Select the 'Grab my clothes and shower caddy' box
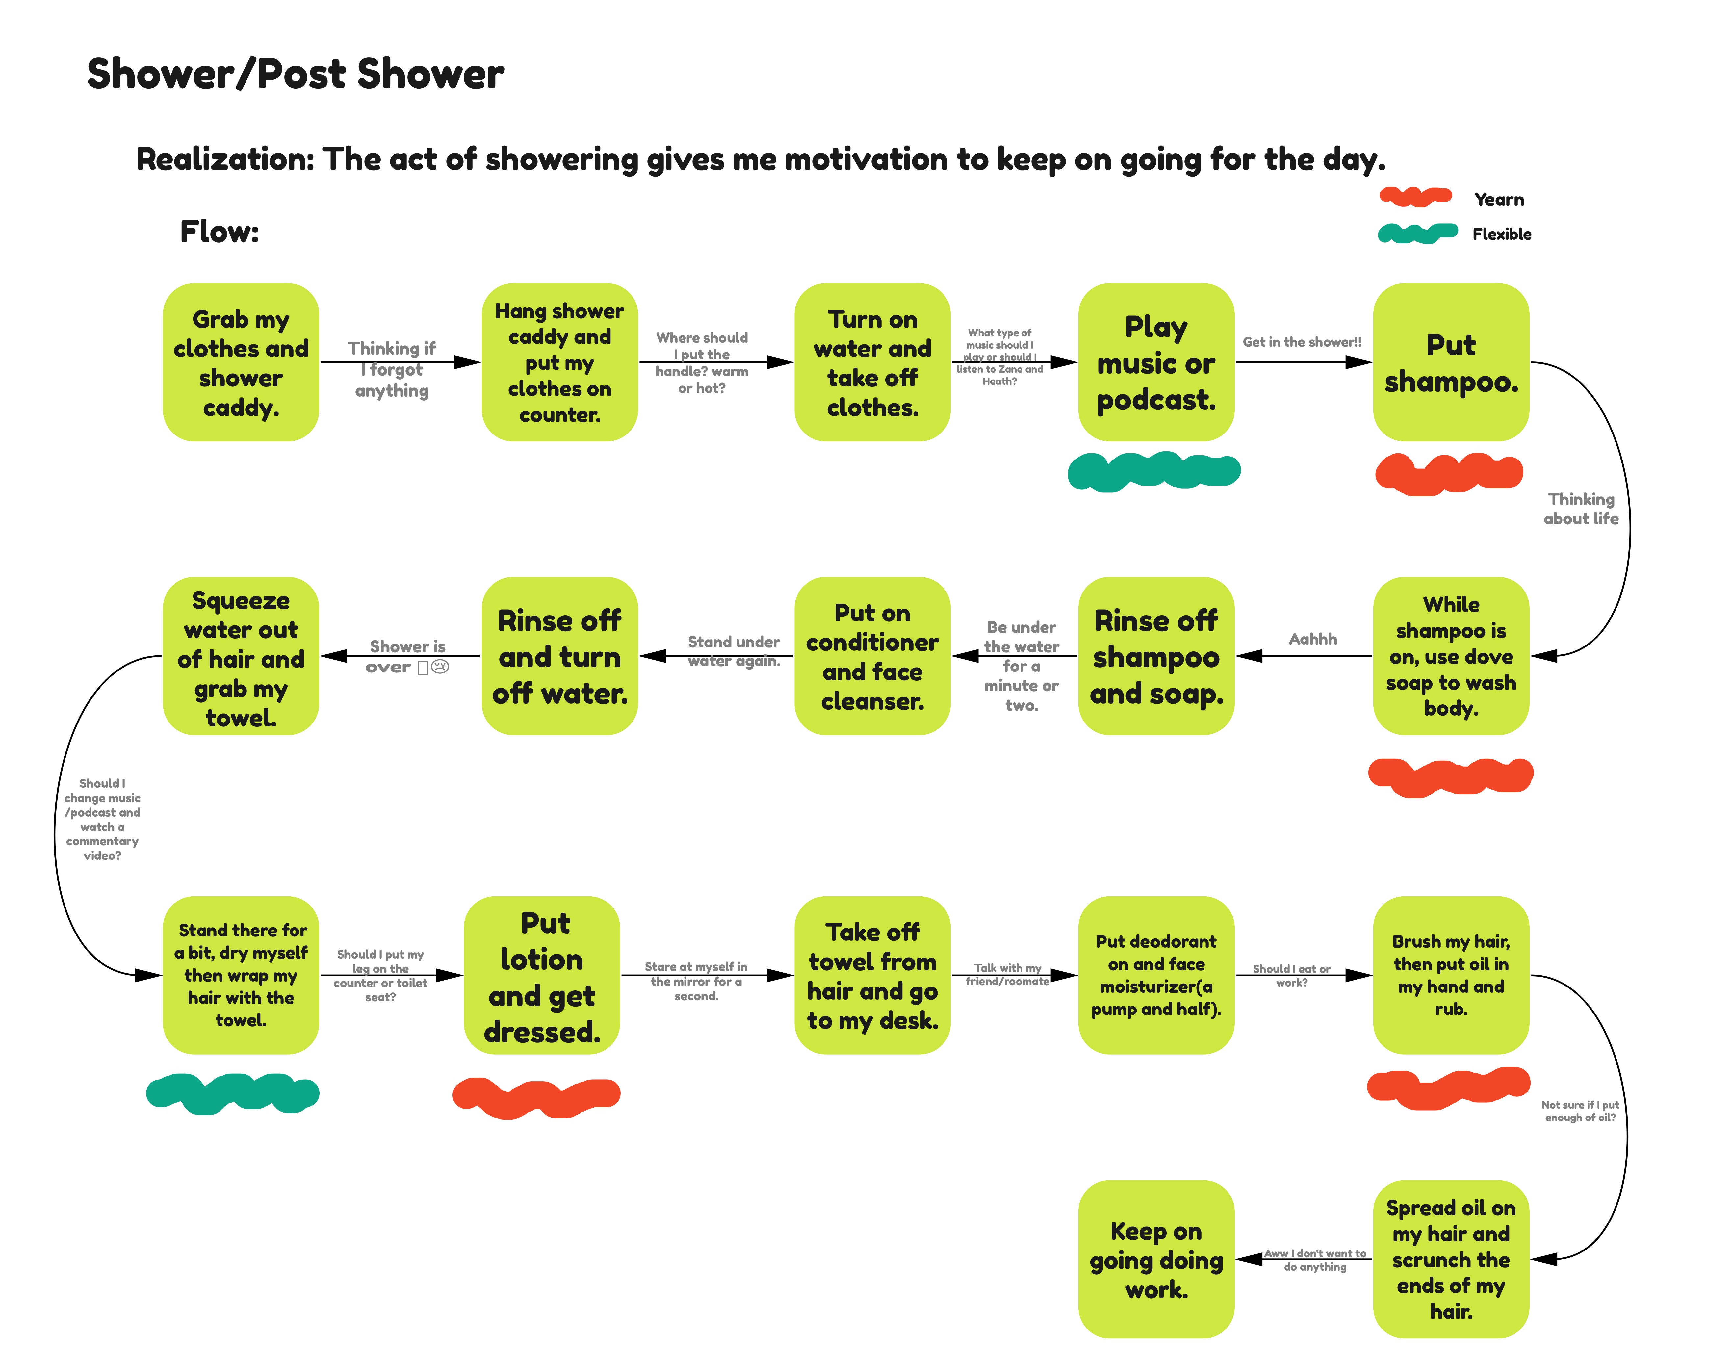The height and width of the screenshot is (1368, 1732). coord(240,362)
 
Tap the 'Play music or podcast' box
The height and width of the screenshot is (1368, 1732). coord(1155,362)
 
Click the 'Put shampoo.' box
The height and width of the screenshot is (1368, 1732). coord(1450,362)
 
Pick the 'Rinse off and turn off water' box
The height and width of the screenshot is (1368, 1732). coord(559,656)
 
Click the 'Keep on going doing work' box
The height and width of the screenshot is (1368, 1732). coord(1155,1259)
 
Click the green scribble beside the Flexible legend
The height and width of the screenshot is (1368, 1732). coord(1416,233)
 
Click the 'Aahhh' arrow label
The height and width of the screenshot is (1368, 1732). coord(1312,638)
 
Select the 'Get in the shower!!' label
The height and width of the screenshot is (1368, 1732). coord(1301,342)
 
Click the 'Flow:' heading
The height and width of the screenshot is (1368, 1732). coord(219,232)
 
